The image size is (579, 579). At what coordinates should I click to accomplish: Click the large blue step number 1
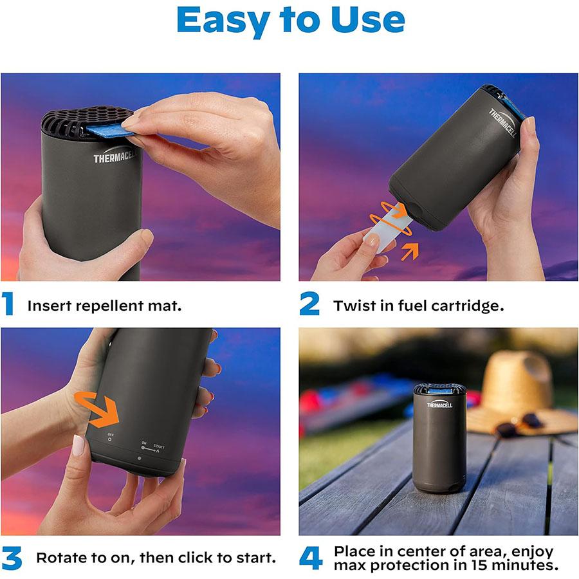pyautogui.click(x=8, y=304)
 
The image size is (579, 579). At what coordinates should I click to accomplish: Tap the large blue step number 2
pyautogui.click(x=309, y=304)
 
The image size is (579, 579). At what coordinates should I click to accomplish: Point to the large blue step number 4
pyautogui.click(x=311, y=558)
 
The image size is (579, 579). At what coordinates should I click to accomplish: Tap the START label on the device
pyautogui.click(x=158, y=446)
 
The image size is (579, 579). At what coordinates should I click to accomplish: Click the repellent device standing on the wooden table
pyautogui.click(x=439, y=437)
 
